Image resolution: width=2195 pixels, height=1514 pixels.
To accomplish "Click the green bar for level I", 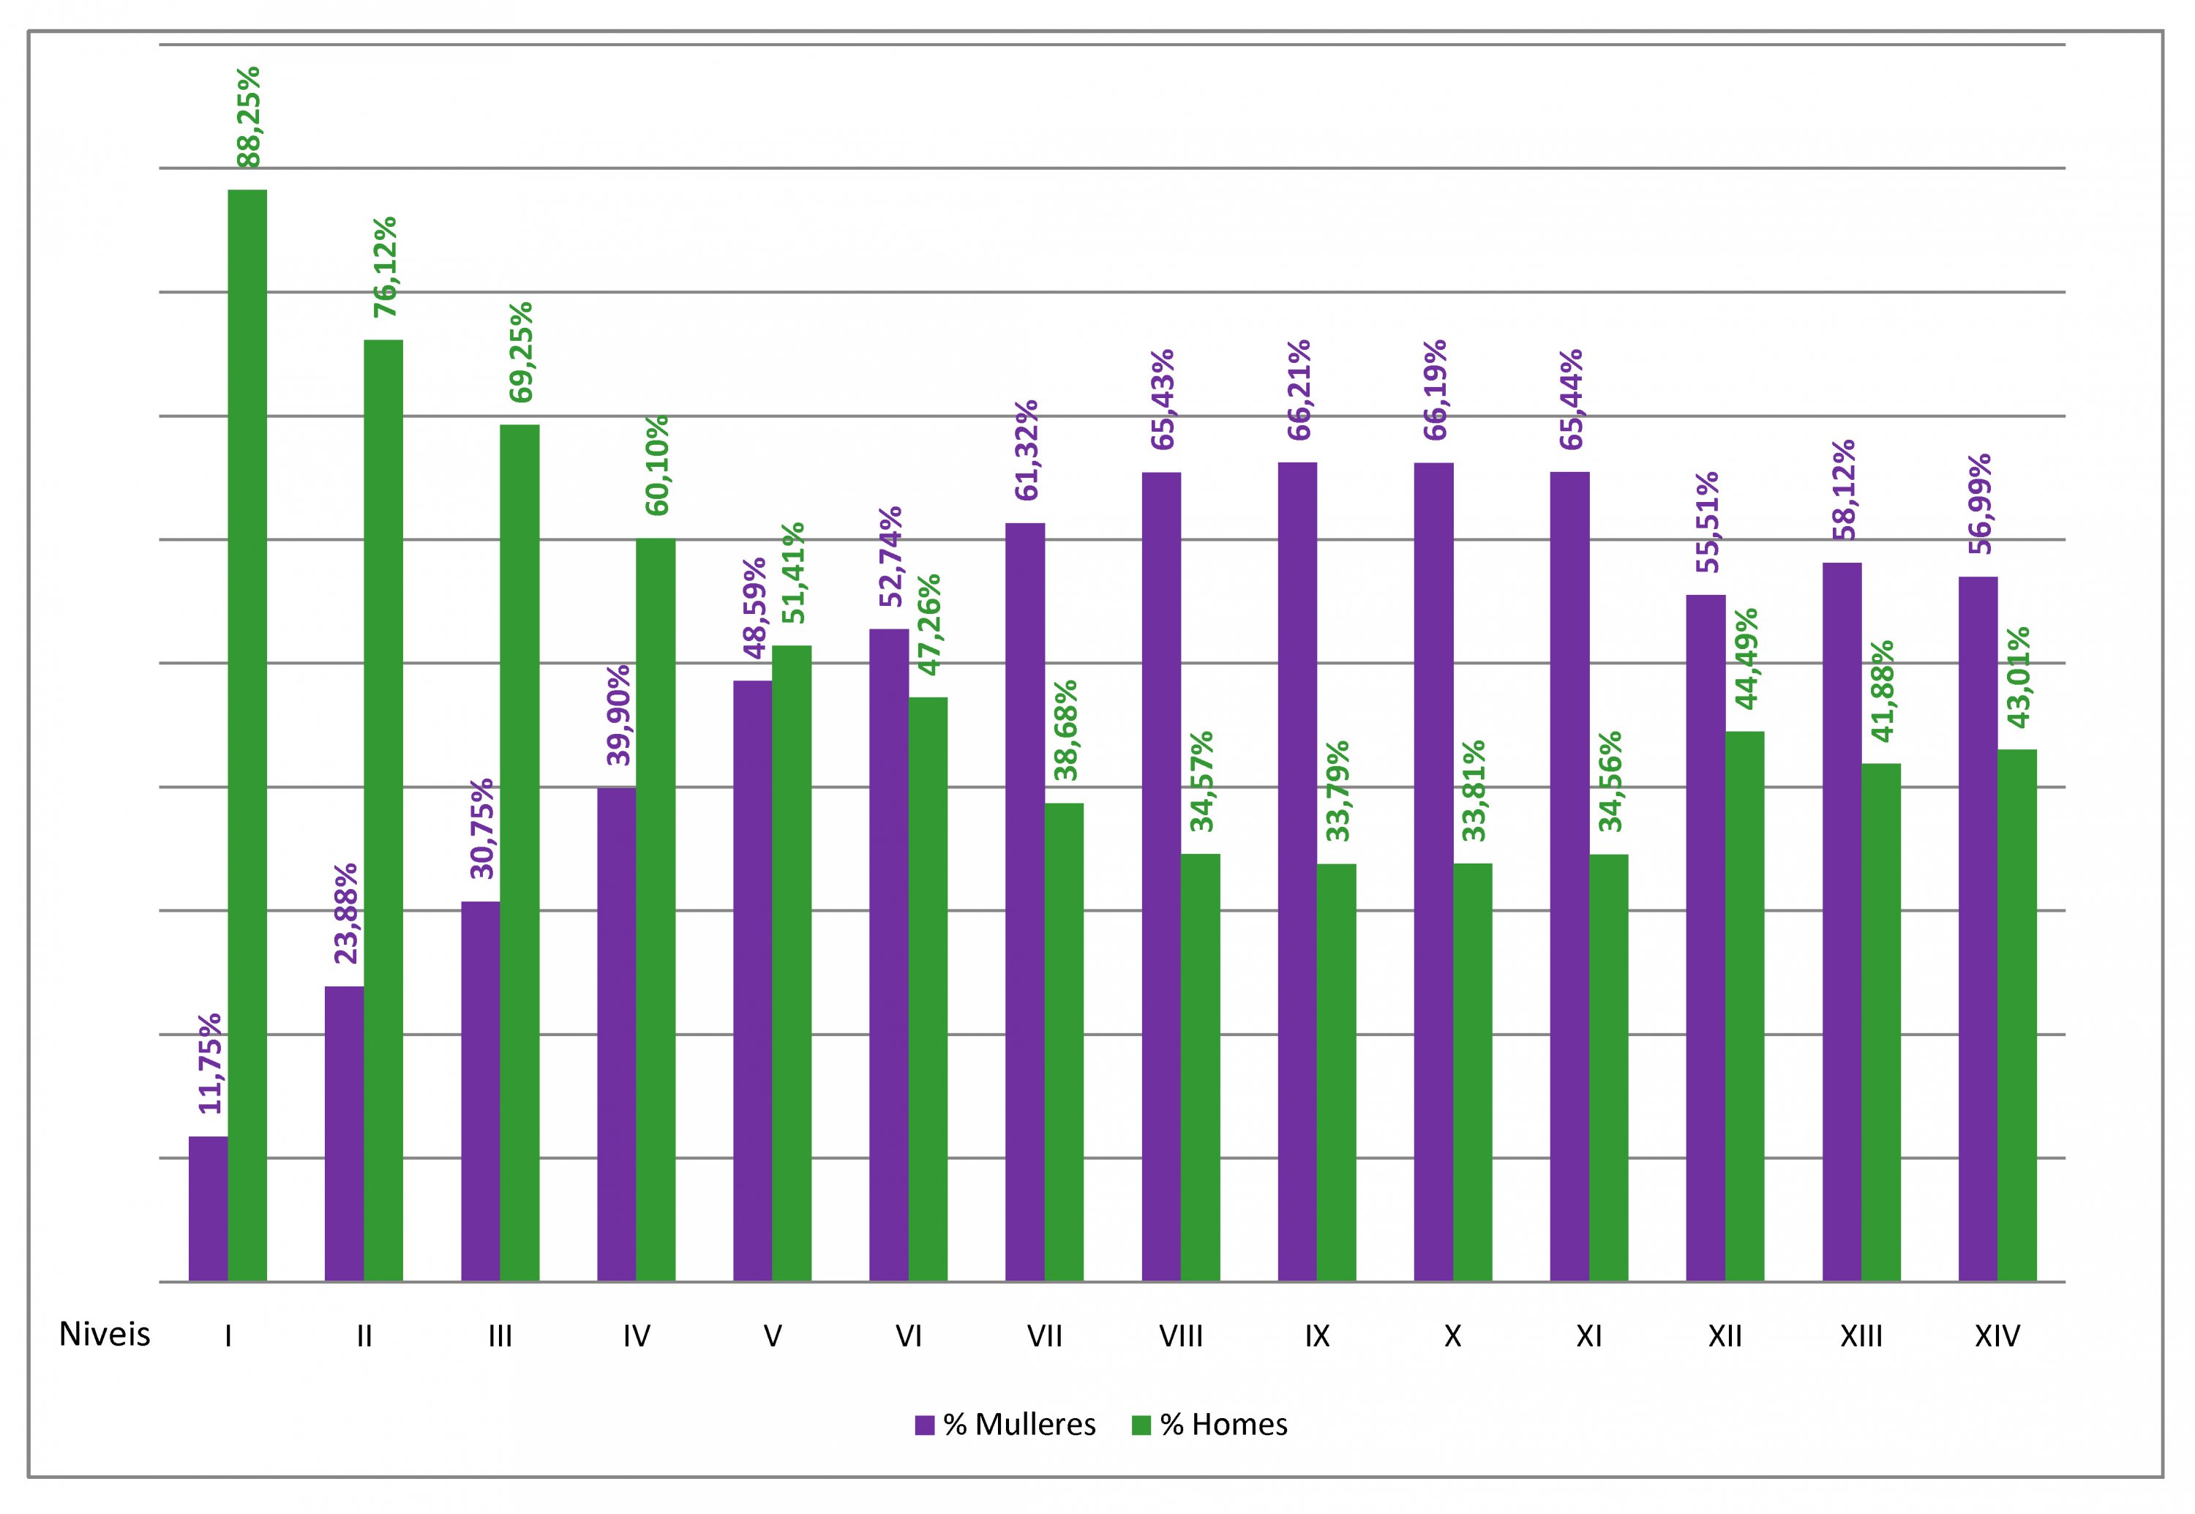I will tap(247, 735).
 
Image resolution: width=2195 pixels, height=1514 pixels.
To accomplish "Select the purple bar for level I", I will tap(208, 1209).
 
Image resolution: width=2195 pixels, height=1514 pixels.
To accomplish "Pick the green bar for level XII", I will tap(1744, 1005).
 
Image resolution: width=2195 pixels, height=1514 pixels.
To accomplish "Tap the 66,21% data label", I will tap(1298, 390).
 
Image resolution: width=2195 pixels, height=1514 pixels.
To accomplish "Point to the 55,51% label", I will tap(1706, 522).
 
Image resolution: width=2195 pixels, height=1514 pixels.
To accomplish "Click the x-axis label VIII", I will tap(1180, 1337).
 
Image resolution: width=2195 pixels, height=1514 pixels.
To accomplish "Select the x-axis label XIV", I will tap(1997, 1337).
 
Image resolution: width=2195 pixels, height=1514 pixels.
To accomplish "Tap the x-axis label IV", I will tap(636, 1337).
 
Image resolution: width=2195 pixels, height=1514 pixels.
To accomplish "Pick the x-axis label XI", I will tap(1589, 1337).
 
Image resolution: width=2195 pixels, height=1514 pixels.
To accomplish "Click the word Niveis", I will tap(105, 1335).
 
